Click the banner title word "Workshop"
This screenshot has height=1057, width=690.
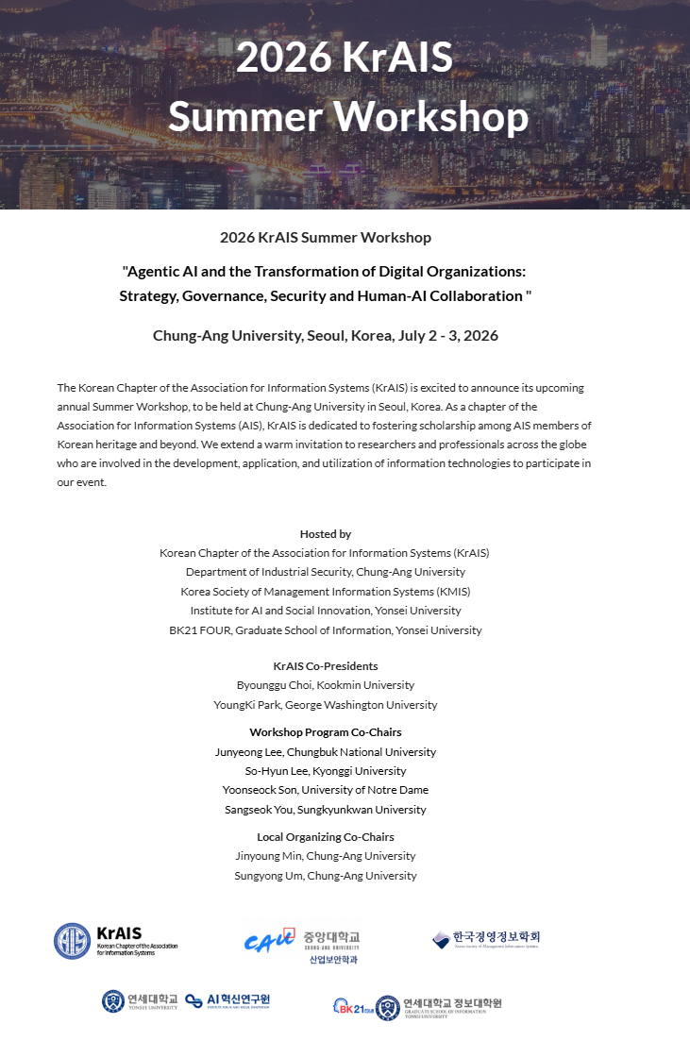[433, 116]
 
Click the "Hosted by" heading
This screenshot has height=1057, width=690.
[325, 534]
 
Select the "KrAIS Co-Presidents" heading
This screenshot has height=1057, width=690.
[325, 666]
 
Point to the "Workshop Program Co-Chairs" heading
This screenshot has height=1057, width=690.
[325, 732]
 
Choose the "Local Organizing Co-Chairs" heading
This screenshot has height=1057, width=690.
[325, 837]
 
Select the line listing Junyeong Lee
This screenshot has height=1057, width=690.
[325, 752]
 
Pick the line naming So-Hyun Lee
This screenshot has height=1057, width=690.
[325, 771]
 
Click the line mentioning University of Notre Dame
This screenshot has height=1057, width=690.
[325, 790]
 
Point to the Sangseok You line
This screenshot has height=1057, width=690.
[325, 810]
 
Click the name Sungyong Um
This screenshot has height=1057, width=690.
[268, 876]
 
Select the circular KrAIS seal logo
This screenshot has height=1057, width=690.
[72, 941]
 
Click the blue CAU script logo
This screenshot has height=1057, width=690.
[269, 941]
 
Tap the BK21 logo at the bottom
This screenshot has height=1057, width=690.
[352, 1007]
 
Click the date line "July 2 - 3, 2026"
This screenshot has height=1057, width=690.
[445, 336]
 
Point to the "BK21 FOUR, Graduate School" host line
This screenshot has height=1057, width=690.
[325, 630]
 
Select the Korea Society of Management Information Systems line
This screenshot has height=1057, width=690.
[325, 592]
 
